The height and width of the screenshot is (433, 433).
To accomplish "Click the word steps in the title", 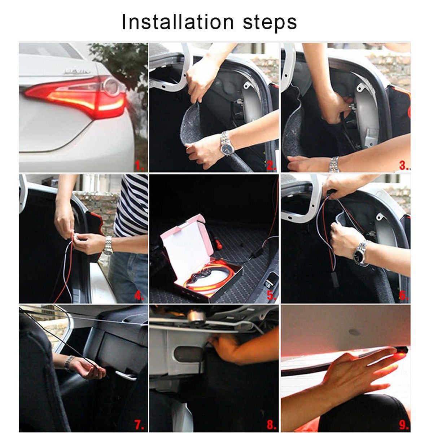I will click(270, 23).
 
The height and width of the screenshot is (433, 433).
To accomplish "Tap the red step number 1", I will click(140, 166).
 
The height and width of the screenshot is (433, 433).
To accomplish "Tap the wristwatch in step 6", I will click(360, 254).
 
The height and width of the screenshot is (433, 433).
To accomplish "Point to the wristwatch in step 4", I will click(108, 246).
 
